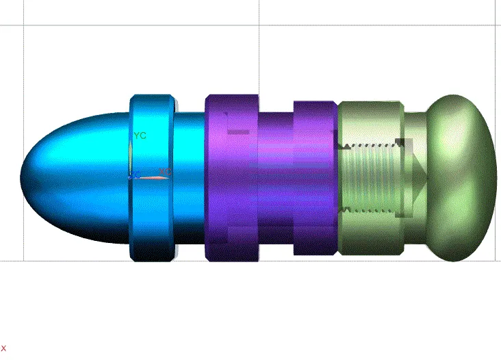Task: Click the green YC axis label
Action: pos(140,136)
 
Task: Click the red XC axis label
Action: pos(165,172)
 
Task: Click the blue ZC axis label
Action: pos(134,175)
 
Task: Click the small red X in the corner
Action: pos(3,348)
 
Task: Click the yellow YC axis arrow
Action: pos(131,154)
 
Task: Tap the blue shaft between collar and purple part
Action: pos(190,178)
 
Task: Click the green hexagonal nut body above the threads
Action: pos(370,120)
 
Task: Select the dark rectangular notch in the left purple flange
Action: pos(236,131)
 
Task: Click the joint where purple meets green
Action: pos(338,178)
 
